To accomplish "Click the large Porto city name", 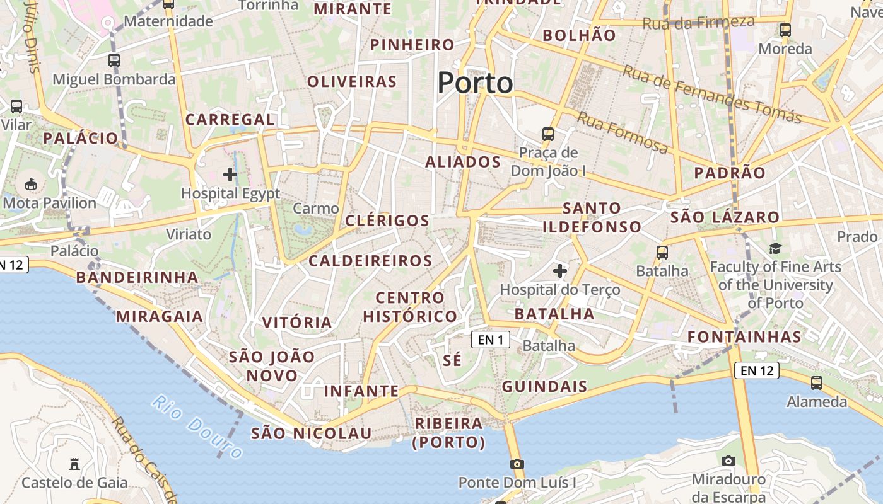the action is (475, 83).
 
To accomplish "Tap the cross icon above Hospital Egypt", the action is (230, 174).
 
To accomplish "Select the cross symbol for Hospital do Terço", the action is (559, 271).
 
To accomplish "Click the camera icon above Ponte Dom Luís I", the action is (517, 464).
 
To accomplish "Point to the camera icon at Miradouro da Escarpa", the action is (728, 461).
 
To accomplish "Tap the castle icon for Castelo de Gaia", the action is (74, 464).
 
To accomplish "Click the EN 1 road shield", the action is (490, 340).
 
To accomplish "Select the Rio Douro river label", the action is (197, 427).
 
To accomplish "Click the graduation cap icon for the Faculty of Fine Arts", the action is (775, 248).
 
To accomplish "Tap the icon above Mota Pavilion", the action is (30, 184).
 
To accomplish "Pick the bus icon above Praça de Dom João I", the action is (548, 134).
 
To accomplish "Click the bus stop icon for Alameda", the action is (817, 382).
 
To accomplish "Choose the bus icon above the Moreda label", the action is (785, 30).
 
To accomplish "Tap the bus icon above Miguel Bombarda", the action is (114, 60).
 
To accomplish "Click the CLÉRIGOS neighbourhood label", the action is (387, 220).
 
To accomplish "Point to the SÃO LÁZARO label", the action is (725, 217).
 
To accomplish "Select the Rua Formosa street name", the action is (622, 133).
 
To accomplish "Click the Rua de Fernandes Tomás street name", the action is (712, 94).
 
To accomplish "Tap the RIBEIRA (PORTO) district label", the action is (448, 432).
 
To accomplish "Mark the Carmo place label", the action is (316, 208).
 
